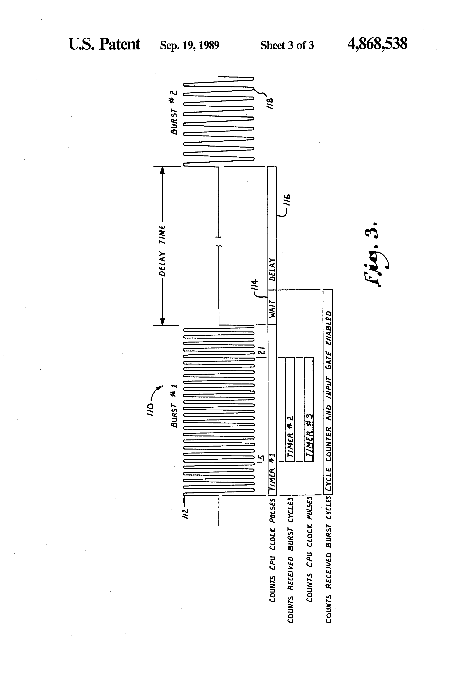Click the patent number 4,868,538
[377, 44]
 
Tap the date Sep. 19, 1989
[190, 45]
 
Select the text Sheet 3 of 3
[287, 45]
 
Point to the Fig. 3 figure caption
[377, 255]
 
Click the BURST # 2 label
[174, 112]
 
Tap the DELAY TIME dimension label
[162, 251]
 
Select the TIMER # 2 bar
[290, 410]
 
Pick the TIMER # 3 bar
[309, 410]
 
